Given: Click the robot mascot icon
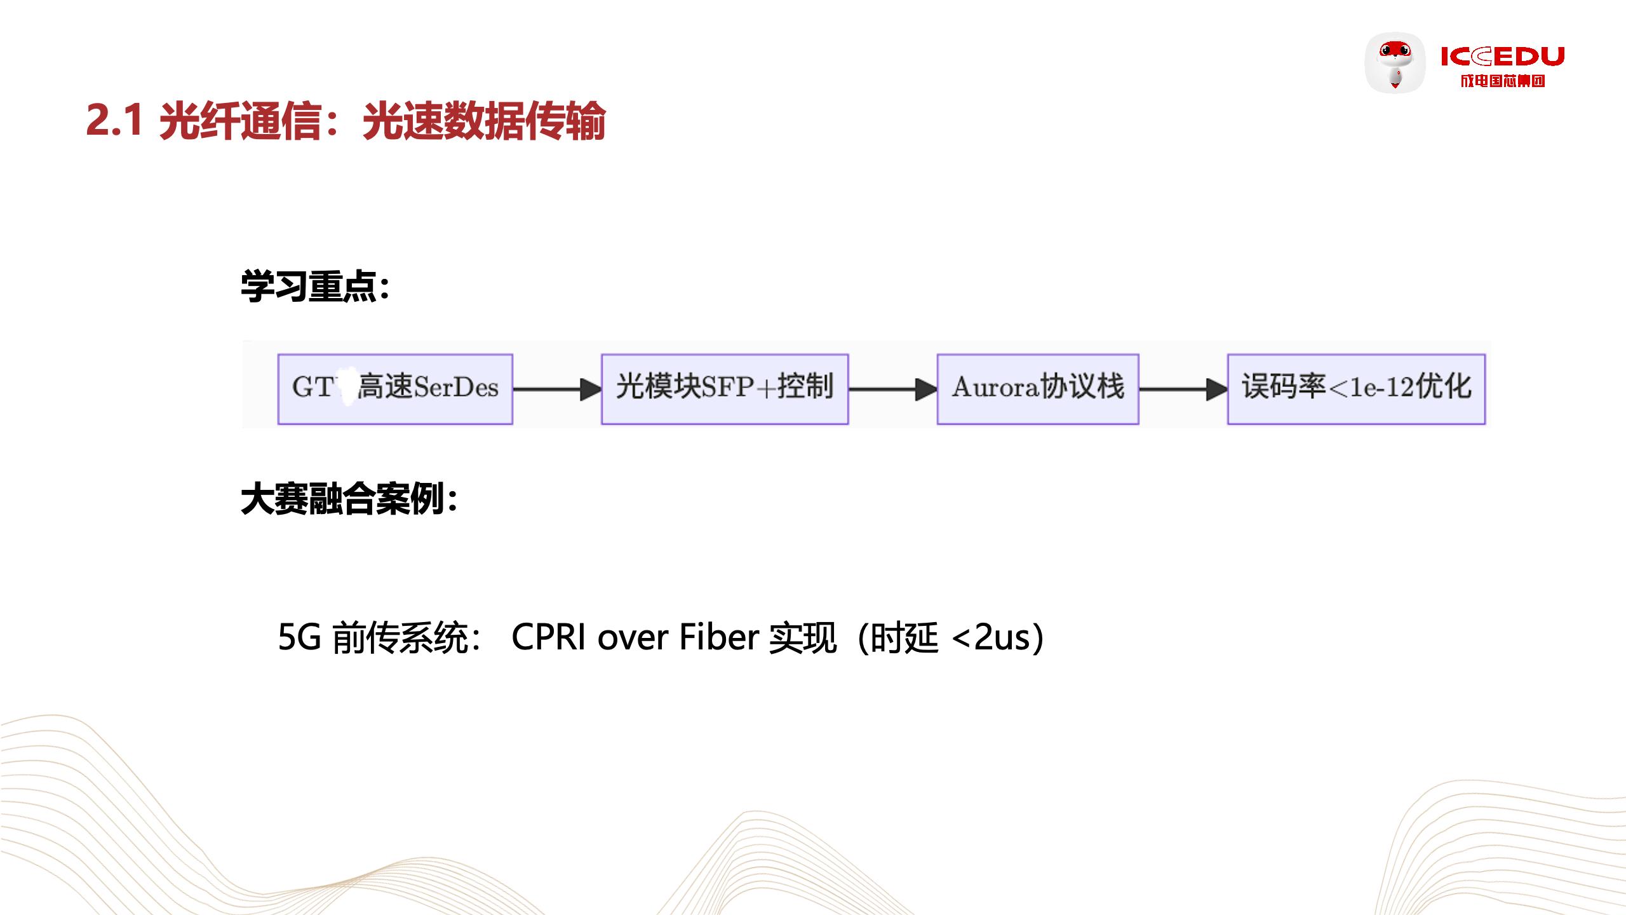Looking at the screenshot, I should point(1395,63).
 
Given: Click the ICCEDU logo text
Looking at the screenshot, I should point(1502,57).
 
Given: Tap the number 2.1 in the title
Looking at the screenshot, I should point(114,120).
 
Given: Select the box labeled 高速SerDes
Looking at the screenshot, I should point(395,389).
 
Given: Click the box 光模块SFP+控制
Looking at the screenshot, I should point(725,389).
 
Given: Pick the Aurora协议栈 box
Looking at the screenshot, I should point(1037,389).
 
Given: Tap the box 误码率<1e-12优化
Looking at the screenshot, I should point(1356,389).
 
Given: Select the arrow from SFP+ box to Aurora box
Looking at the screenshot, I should point(892,389).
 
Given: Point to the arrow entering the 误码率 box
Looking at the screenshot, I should point(1183,389).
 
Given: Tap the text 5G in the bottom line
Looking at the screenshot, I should point(299,637).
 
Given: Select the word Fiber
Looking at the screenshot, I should point(719,637).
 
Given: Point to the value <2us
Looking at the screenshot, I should point(991,637).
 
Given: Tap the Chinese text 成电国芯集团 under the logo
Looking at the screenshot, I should point(1502,81).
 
